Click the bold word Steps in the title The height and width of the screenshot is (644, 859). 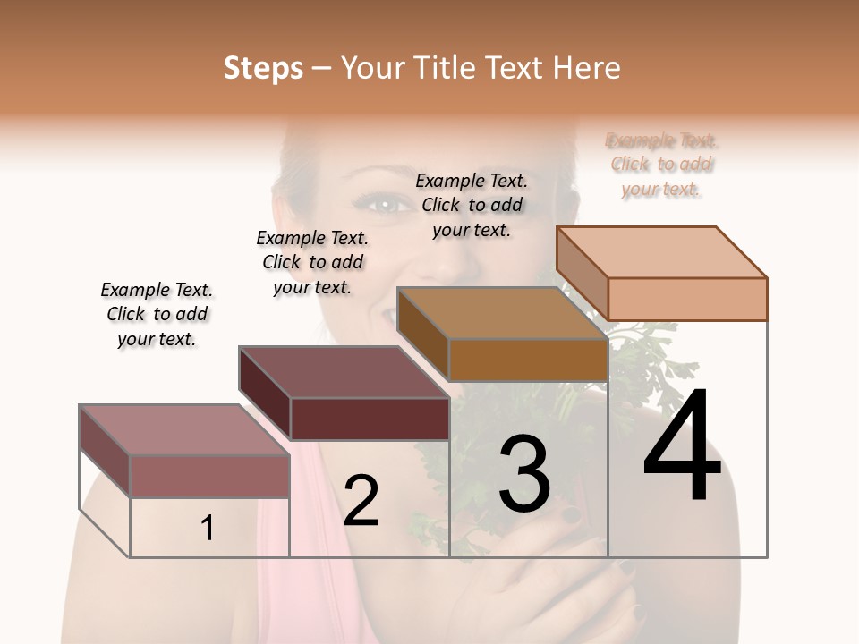263,69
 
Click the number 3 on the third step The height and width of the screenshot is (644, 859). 523,473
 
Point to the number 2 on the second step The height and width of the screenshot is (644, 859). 361,501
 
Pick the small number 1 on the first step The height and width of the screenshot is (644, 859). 208,529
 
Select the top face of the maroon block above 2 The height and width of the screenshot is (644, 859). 344,372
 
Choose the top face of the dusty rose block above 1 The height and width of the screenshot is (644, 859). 184,430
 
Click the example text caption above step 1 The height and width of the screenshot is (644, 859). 157,314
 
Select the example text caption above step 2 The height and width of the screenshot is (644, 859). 312,262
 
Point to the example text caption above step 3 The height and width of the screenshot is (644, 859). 472,205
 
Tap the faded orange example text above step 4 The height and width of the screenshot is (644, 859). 661,165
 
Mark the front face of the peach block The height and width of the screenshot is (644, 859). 687,299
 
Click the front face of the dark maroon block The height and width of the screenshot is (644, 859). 370,419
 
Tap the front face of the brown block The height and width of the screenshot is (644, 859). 527,360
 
